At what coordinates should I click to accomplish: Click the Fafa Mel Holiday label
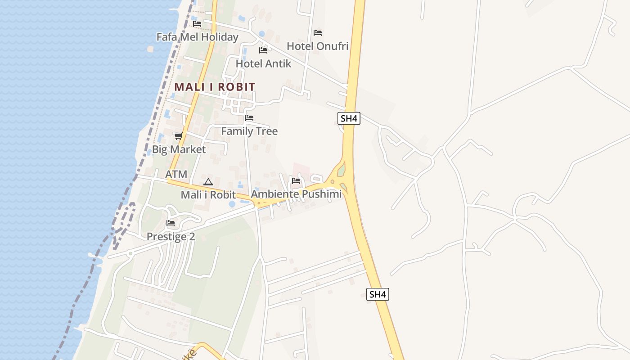point(197,37)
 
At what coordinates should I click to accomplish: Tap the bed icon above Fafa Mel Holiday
point(197,24)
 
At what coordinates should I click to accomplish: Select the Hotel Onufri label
point(318,46)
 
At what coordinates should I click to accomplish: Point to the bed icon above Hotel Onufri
point(318,33)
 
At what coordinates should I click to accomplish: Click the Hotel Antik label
point(263,63)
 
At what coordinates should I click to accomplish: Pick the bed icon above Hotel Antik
point(263,50)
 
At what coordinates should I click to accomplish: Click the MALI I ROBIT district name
point(215,87)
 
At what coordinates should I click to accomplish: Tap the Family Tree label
point(249,131)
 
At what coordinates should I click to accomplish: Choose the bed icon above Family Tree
point(249,118)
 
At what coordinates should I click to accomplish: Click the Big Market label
point(179,149)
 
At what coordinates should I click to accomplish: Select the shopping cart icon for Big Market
point(178,136)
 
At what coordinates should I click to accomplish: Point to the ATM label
point(176,174)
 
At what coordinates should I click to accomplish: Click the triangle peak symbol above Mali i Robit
point(208,182)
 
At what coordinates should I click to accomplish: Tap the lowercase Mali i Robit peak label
point(208,195)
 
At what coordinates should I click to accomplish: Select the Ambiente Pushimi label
point(296,194)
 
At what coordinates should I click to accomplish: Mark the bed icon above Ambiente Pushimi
point(296,181)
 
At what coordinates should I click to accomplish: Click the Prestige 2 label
point(171,236)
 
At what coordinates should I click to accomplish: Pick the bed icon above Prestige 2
point(171,223)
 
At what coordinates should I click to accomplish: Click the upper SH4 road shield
point(349,118)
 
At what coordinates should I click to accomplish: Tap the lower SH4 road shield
point(378,294)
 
